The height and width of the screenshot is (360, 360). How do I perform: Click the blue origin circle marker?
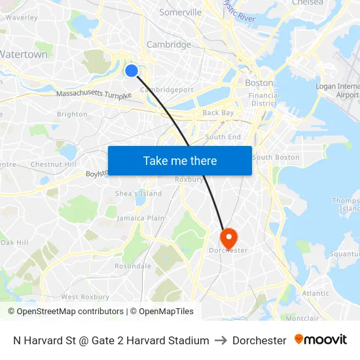click(x=132, y=71)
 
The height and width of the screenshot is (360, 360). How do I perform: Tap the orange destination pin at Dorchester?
click(x=228, y=238)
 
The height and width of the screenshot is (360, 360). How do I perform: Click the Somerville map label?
click(x=180, y=12)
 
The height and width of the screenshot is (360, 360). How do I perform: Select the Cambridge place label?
click(x=169, y=45)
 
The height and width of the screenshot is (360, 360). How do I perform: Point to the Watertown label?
click(x=24, y=55)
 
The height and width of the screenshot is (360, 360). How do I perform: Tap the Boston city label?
click(x=259, y=83)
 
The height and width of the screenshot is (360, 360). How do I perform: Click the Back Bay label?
click(x=218, y=113)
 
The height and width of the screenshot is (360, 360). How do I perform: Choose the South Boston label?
click(x=276, y=157)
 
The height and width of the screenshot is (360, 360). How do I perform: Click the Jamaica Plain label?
click(x=141, y=218)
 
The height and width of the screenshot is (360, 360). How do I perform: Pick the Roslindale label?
click(x=133, y=266)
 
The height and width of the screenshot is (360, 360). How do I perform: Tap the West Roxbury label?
click(x=80, y=297)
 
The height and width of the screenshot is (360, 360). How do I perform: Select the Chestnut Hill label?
click(x=54, y=164)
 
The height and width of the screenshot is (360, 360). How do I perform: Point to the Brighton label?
click(x=72, y=114)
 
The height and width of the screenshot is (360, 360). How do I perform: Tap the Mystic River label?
click(x=238, y=11)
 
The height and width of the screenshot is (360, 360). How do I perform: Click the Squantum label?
click(x=344, y=254)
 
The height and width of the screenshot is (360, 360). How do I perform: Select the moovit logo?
click(x=320, y=340)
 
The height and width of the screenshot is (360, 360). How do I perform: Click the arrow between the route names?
click(x=221, y=340)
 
